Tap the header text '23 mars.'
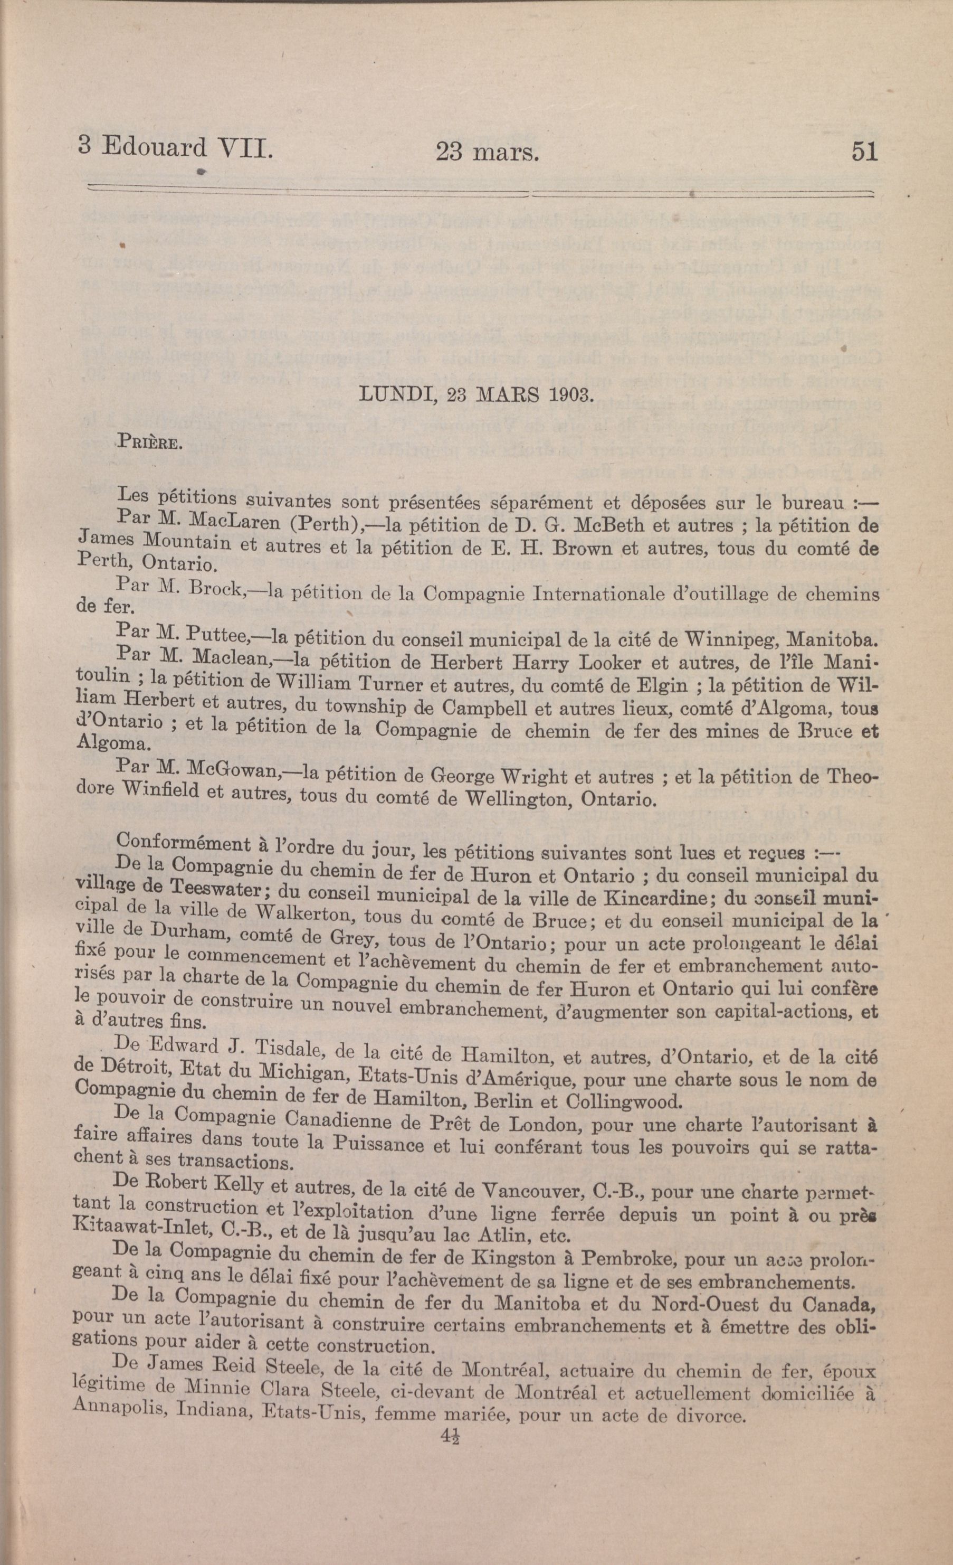click(x=487, y=154)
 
